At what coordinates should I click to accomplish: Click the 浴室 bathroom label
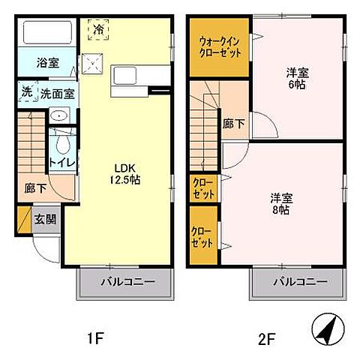47,64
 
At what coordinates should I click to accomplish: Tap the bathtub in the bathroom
47,34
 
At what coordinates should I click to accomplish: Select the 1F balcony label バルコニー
127,283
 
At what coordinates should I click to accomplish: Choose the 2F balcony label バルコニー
299,283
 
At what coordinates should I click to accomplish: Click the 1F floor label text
94,337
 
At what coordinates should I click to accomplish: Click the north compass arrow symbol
328,331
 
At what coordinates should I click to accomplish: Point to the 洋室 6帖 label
298,79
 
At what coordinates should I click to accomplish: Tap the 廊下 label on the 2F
233,125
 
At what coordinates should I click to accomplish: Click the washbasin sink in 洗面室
58,117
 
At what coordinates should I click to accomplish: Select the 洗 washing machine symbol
27,94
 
